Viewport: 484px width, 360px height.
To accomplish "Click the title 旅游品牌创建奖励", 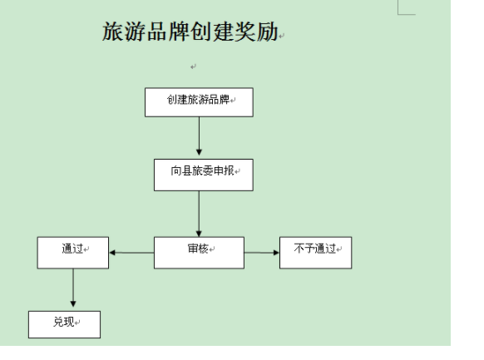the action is (x=190, y=31).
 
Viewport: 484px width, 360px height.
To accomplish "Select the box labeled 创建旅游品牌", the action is (x=199, y=102).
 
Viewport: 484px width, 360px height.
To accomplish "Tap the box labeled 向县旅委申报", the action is (x=204, y=175).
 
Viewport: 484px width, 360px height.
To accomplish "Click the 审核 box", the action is (x=199, y=253).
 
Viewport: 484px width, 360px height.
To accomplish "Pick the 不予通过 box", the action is (x=315, y=253).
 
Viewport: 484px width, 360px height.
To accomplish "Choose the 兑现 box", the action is (x=64, y=324).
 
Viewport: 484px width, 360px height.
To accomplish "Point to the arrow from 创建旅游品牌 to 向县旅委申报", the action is (x=199, y=136).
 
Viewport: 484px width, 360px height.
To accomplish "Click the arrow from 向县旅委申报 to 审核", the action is (x=199, y=214).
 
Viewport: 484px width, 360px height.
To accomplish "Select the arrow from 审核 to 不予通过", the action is (x=262, y=253).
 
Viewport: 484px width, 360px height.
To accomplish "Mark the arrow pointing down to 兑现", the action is (x=73, y=288).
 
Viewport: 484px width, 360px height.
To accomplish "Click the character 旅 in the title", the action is (x=113, y=31).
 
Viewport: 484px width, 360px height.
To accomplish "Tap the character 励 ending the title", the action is (x=267, y=31).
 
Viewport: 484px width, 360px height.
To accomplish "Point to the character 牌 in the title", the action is (x=179, y=31).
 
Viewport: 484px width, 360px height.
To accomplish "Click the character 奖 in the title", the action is (x=245, y=31).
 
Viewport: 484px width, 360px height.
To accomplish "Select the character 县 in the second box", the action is (x=186, y=170).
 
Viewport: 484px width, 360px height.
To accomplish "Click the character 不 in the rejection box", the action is (x=299, y=249).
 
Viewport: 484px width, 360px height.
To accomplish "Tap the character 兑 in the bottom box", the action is (x=59, y=322).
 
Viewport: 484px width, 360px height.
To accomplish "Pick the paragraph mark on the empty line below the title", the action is (x=193, y=67).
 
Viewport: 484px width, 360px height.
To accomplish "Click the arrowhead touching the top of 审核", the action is (x=199, y=234).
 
